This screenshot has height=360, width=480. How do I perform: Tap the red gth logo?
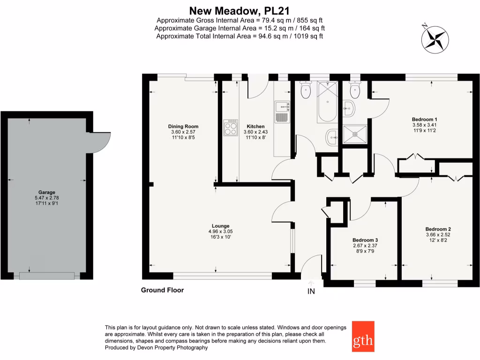click(x=363, y=337)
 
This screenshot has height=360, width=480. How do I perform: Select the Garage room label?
click(x=47, y=192)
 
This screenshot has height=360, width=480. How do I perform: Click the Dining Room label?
click(x=183, y=126)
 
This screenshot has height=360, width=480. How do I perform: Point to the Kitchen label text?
click(x=256, y=126)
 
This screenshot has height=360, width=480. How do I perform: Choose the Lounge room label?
click(x=220, y=225)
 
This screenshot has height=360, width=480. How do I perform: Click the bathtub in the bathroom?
click(x=326, y=101)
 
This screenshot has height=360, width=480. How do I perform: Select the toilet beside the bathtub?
click(x=306, y=90)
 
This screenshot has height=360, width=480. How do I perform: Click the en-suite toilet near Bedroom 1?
click(x=354, y=90)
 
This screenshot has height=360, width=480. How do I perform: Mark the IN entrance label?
click(x=311, y=292)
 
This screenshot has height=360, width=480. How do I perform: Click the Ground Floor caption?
click(x=162, y=290)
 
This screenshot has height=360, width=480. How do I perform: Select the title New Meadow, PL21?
click(x=240, y=10)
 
